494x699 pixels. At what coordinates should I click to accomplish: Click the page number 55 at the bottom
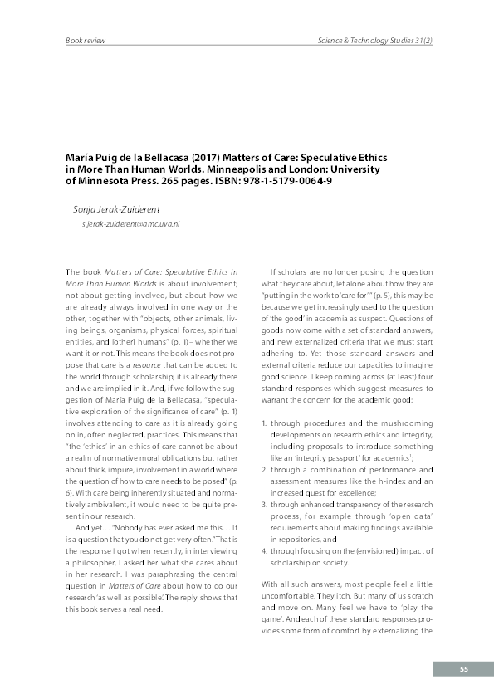(464, 668)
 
